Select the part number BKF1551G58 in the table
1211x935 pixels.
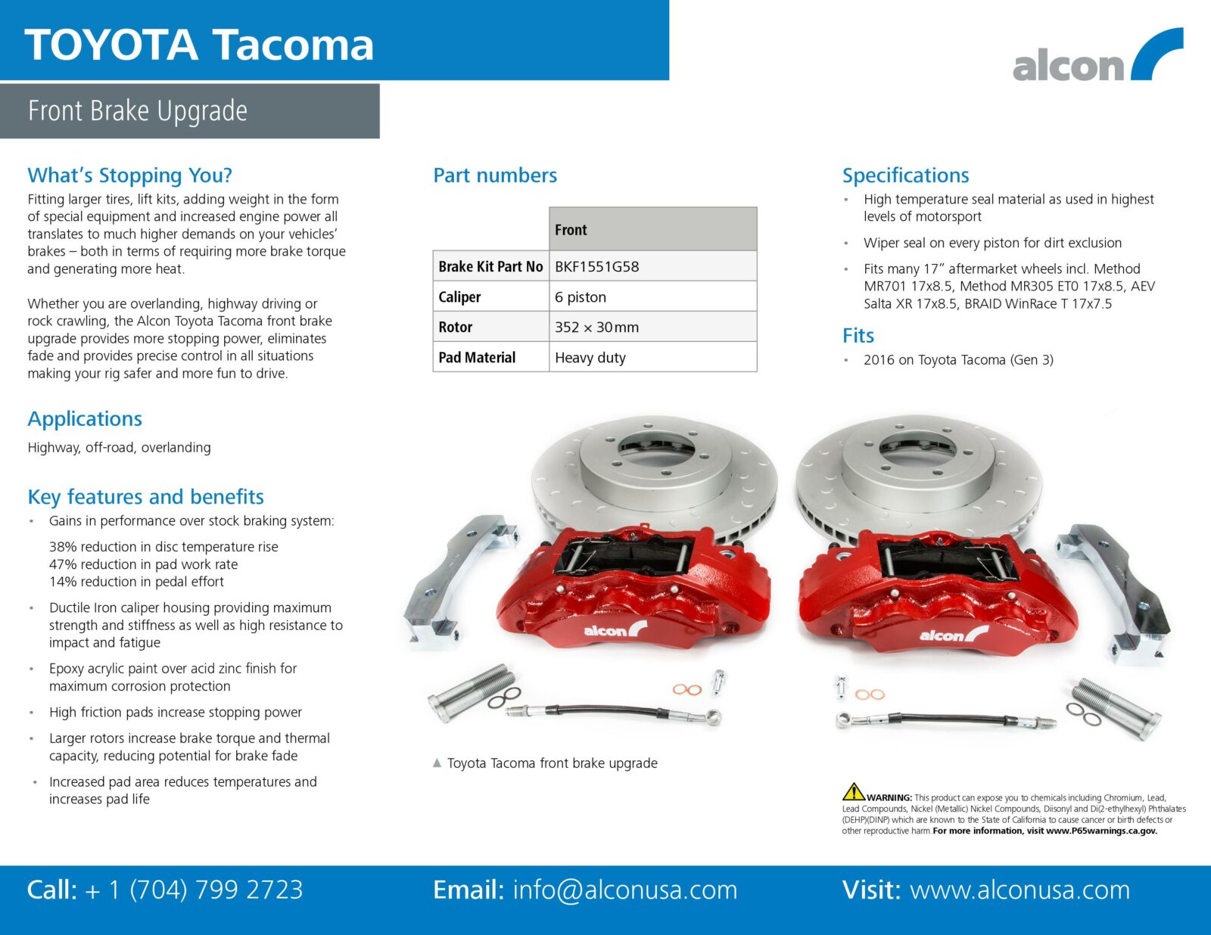pos(596,266)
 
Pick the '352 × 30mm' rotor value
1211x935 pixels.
pos(596,327)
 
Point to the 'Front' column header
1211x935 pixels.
pos(570,229)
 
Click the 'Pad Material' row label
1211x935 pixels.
pos(477,358)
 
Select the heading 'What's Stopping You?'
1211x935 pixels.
pos(130,176)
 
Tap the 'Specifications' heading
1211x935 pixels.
pos(906,176)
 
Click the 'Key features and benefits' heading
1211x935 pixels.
pos(145,497)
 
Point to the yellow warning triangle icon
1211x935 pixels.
pos(853,791)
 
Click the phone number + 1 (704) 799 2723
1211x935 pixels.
pos(194,890)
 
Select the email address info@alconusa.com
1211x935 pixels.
pos(624,890)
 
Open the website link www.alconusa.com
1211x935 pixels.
pos(1020,890)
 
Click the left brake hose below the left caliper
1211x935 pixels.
pos(614,713)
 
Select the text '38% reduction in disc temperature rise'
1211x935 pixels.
pos(163,547)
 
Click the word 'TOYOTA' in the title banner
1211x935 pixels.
pos(111,45)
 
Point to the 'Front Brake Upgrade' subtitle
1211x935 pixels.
pos(138,110)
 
